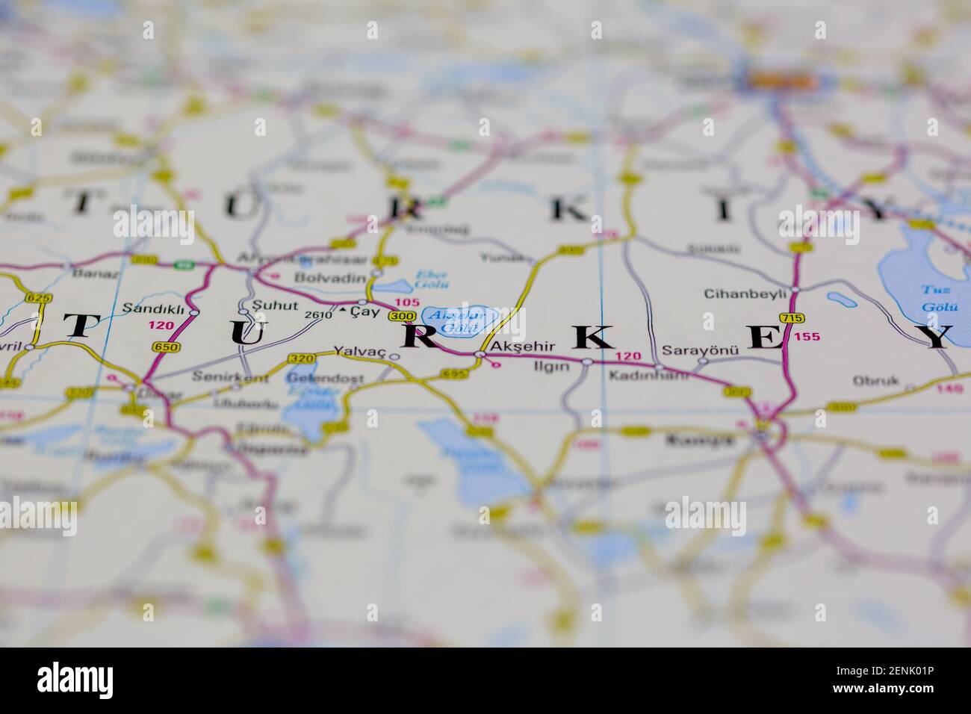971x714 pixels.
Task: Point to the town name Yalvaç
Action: [359, 350]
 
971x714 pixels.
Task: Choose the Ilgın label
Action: [551, 367]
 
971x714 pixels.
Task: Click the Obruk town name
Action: [876, 381]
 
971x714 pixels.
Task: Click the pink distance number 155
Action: [807, 337]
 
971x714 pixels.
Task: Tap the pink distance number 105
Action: [407, 302]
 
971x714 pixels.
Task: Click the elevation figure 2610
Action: [318, 314]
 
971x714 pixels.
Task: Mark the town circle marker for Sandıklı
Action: [193, 311]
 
